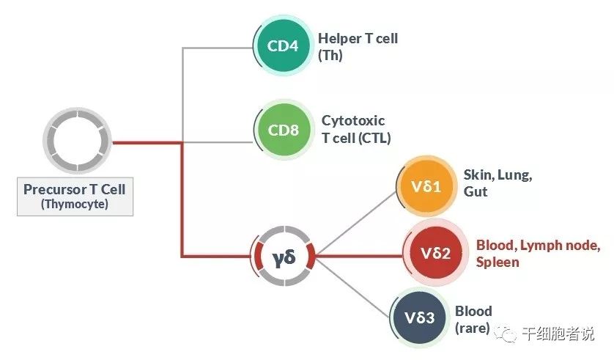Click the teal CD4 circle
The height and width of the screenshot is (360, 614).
(x=284, y=46)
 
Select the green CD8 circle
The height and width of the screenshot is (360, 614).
(x=284, y=130)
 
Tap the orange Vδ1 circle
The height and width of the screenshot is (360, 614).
(x=427, y=186)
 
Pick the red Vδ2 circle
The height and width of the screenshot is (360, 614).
(x=435, y=253)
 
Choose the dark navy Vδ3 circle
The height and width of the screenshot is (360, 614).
(x=420, y=317)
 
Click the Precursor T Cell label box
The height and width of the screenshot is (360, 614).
(x=75, y=196)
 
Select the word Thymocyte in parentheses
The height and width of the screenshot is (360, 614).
(x=75, y=204)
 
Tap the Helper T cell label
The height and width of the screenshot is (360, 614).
(x=358, y=38)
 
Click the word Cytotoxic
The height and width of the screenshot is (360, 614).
(x=353, y=121)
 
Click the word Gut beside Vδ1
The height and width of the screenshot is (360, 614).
(x=476, y=191)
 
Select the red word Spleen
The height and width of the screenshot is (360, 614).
(x=498, y=262)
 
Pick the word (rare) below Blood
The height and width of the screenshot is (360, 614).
(x=472, y=328)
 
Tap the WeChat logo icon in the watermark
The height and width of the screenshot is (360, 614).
(x=506, y=333)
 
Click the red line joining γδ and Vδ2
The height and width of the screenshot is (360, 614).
(x=359, y=256)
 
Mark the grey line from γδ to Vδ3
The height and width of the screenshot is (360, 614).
(x=352, y=287)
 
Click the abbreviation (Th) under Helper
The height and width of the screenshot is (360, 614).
(x=330, y=56)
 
